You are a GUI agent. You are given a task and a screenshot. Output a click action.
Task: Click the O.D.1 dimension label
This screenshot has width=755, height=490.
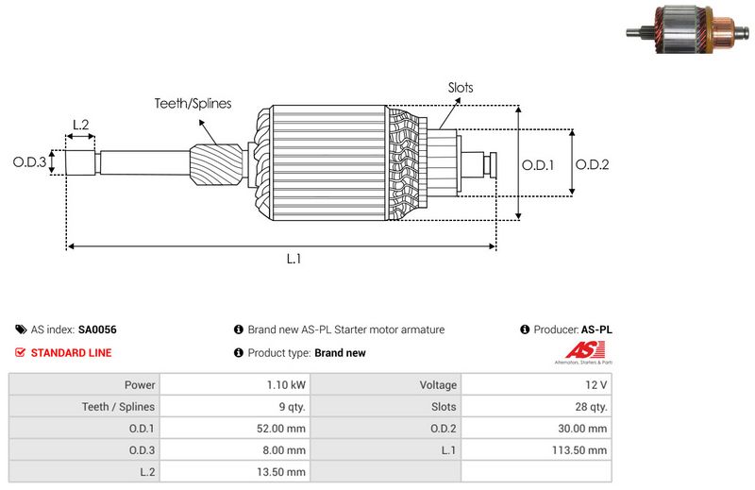[538, 164]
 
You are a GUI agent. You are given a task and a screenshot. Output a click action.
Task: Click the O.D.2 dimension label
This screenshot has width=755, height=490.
[592, 164]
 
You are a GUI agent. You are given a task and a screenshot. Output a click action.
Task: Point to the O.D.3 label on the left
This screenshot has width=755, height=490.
[29, 162]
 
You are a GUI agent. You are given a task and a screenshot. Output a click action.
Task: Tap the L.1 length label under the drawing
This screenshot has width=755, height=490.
[294, 259]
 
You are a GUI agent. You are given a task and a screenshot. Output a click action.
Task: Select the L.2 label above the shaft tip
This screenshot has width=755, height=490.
[80, 125]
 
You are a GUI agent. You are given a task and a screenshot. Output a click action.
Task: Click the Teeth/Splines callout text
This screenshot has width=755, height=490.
[193, 104]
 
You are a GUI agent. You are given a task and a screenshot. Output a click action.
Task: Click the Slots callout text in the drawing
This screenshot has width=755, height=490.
[461, 88]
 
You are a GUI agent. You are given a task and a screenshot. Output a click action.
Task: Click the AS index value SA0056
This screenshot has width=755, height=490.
[97, 330]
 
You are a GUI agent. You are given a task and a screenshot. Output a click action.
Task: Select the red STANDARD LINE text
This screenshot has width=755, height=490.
[71, 353]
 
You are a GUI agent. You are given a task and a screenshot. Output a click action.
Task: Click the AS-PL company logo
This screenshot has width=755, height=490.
[581, 354]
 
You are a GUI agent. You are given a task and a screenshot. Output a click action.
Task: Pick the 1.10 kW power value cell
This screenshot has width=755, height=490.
[234, 385]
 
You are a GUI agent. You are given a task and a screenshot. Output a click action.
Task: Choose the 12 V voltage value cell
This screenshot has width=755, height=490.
[535, 385]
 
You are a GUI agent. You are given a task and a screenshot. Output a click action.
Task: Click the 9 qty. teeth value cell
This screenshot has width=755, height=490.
[234, 407]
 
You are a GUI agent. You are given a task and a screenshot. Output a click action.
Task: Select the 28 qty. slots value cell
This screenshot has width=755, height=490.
[535, 407]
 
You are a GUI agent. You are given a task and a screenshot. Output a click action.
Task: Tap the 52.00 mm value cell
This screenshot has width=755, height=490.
[234, 429]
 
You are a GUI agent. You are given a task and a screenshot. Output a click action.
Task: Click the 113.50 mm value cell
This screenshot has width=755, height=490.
[535, 450]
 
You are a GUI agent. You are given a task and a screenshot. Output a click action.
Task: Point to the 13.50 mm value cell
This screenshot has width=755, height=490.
[234, 472]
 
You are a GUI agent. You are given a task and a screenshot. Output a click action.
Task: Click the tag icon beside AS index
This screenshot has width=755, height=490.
[21, 330]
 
